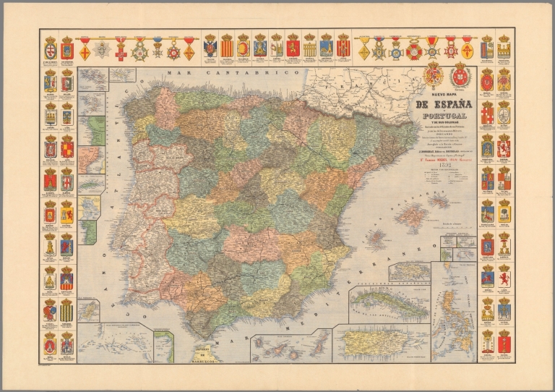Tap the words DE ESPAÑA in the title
coord(443,104)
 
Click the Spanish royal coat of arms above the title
coord(435,75)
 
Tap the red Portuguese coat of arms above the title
coord(460,75)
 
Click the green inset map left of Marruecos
coord(163,346)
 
